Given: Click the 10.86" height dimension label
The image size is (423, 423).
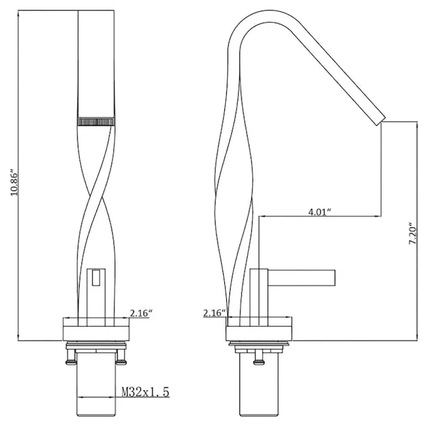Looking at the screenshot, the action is (x=14, y=183).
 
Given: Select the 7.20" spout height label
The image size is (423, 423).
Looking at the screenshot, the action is (x=413, y=233).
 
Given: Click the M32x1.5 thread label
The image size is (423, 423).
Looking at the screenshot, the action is (x=146, y=392).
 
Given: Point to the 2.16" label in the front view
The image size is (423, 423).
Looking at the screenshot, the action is (x=141, y=313).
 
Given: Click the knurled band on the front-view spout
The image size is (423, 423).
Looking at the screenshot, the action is (x=96, y=121).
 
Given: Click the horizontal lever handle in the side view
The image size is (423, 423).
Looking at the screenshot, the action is (x=301, y=277).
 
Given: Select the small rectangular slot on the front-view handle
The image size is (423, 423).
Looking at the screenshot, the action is (x=95, y=277).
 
